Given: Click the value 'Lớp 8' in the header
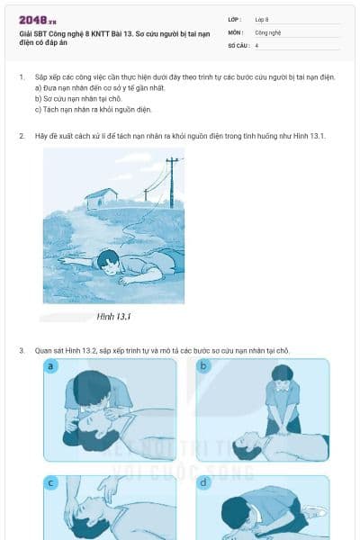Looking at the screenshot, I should [262, 19].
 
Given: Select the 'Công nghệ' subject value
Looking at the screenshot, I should [268, 31].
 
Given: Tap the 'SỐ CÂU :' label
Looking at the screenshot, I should [238, 44].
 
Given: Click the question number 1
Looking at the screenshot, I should [22, 78].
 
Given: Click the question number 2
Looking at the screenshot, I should [22, 136].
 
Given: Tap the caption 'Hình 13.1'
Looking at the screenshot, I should [114, 317].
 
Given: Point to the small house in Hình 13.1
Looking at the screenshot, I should [102, 197].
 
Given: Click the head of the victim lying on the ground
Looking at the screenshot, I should [110, 262].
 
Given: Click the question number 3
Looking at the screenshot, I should [22, 349].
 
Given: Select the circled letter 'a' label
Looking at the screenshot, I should [51, 366].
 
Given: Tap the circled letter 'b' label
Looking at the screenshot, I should [204, 366].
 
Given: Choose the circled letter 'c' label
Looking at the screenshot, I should [51, 483].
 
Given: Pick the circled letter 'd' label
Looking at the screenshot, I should [204, 483].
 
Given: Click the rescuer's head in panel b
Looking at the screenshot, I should [283, 373].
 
